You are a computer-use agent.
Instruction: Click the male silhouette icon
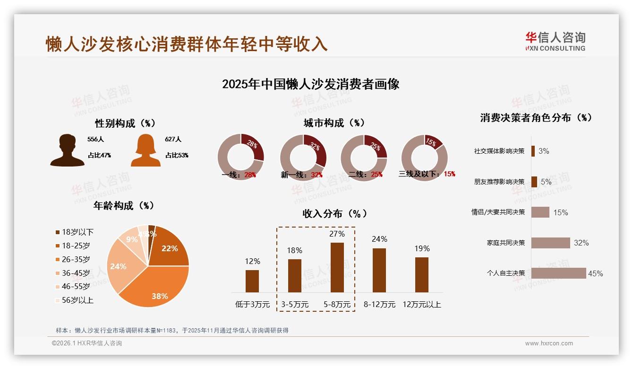pyautogui.click(x=67, y=150)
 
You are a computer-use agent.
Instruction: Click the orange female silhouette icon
pyautogui.click(x=145, y=150)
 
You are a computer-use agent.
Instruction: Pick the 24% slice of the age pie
pyautogui.click(x=119, y=267)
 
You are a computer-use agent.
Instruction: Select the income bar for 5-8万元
pyautogui.click(x=337, y=267)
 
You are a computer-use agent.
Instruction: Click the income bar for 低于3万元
pyautogui.click(x=252, y=281)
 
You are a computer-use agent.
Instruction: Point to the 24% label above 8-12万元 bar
pyautogui.click(x=379, y=239)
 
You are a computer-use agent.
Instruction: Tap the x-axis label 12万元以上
pyautogui.click(x=421, y=305)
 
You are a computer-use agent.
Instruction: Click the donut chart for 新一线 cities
pyautogui.click(x=303, y=157)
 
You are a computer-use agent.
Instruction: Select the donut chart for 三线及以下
pyautogui.click(x=424, y=157)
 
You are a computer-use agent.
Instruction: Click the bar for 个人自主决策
pyautogui.click(x=558, y=273)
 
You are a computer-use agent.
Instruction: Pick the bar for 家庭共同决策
pyautogui.click(x=550, y=243)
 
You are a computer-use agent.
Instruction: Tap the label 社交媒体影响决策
pyautogui.click(x=499, y=151)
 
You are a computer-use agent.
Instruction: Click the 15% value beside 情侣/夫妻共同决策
pyautogui.click(x=560, y=213)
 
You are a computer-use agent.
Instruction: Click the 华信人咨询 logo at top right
pyautogui.click(x=555, y=42)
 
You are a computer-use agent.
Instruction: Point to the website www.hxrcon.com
pyautogui.click(x=549, y=343)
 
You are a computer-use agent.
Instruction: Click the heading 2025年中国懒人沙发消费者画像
pyautogui.click(x=310, y=84)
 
